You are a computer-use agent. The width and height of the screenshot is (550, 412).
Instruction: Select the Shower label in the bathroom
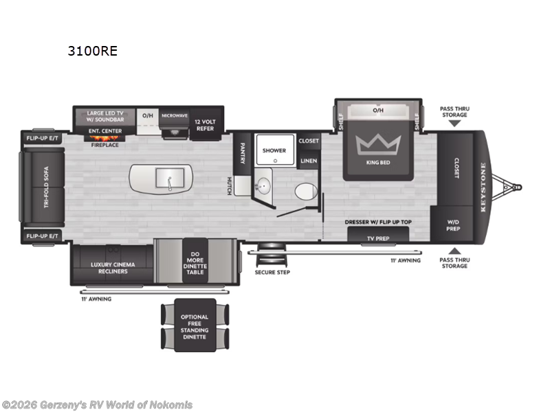click(x=274, y=150)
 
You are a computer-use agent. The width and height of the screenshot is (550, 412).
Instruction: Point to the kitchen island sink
click(x=167, y=179)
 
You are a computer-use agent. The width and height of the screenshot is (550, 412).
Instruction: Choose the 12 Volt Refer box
click(x=205, y=123)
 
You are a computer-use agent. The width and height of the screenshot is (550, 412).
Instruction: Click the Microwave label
click(x=175, y=116)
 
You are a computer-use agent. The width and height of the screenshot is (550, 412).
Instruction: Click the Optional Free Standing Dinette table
click(x=195, y=325)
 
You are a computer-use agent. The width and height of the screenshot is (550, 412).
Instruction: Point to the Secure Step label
click(x=272, y=273)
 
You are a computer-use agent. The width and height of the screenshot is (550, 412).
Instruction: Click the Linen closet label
click(x=309, y=161)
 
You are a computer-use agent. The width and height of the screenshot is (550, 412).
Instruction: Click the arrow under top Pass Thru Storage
click(x=454, y=124)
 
